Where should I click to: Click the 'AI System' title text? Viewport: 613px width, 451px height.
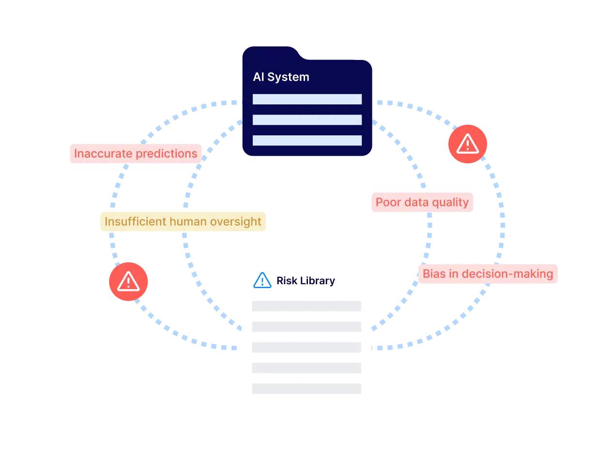click(281, 77)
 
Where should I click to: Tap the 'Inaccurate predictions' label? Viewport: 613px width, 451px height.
click(136, 154)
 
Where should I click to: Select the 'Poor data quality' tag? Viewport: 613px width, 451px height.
click(422, 203)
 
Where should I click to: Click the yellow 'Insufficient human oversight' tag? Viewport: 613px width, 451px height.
click(183, 222)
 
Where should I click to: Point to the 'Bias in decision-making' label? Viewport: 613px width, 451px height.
click(488, 274)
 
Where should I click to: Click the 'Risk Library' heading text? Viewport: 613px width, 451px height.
click(306, 281)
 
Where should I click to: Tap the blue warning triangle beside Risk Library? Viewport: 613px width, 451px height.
click(262, 280)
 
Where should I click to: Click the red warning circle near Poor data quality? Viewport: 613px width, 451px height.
click(467, 144)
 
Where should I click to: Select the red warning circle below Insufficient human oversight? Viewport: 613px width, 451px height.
click(128, 281)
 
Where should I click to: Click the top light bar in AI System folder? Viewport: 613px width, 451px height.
click(307, 99)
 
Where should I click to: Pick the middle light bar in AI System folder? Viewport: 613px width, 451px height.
click(307, 120)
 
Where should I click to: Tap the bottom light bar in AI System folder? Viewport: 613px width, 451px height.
click(307, 141)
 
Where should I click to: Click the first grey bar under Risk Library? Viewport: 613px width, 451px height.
click(306, 306)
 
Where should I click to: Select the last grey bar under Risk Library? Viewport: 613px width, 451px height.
click(306, 389)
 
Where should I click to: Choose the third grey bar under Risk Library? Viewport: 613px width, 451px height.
click(306, 347)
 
